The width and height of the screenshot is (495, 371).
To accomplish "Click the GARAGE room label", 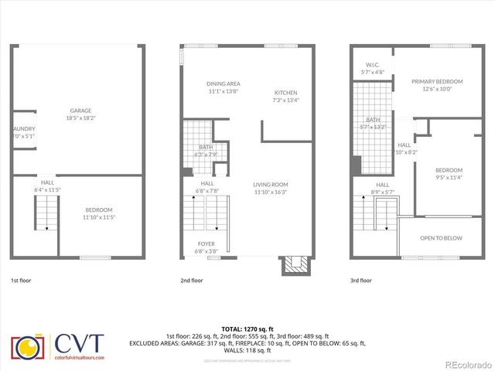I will pos(81,111).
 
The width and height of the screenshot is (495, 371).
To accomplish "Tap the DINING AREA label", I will pos(224,83).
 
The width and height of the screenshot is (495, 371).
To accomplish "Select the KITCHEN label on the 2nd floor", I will pos(285,92).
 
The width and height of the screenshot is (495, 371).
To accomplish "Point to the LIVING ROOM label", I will pos(270,185).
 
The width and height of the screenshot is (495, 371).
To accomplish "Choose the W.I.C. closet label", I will pos(371,65).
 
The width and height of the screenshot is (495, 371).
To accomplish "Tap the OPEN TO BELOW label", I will pos(441,239).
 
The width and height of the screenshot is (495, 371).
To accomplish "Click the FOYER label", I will pos(206,243).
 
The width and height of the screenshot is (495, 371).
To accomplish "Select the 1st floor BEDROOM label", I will pos(98,210).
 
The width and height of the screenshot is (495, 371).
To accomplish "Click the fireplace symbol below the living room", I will pos(294,265).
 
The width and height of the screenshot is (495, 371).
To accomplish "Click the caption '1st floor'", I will pos(21,281).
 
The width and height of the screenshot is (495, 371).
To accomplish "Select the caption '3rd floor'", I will pos(361,281).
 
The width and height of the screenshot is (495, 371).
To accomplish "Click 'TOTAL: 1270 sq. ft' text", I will pos(247,328).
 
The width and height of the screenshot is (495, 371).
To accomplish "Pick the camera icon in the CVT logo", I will pos(29,349).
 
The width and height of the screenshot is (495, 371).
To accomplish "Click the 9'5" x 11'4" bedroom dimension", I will pos(449,178).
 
